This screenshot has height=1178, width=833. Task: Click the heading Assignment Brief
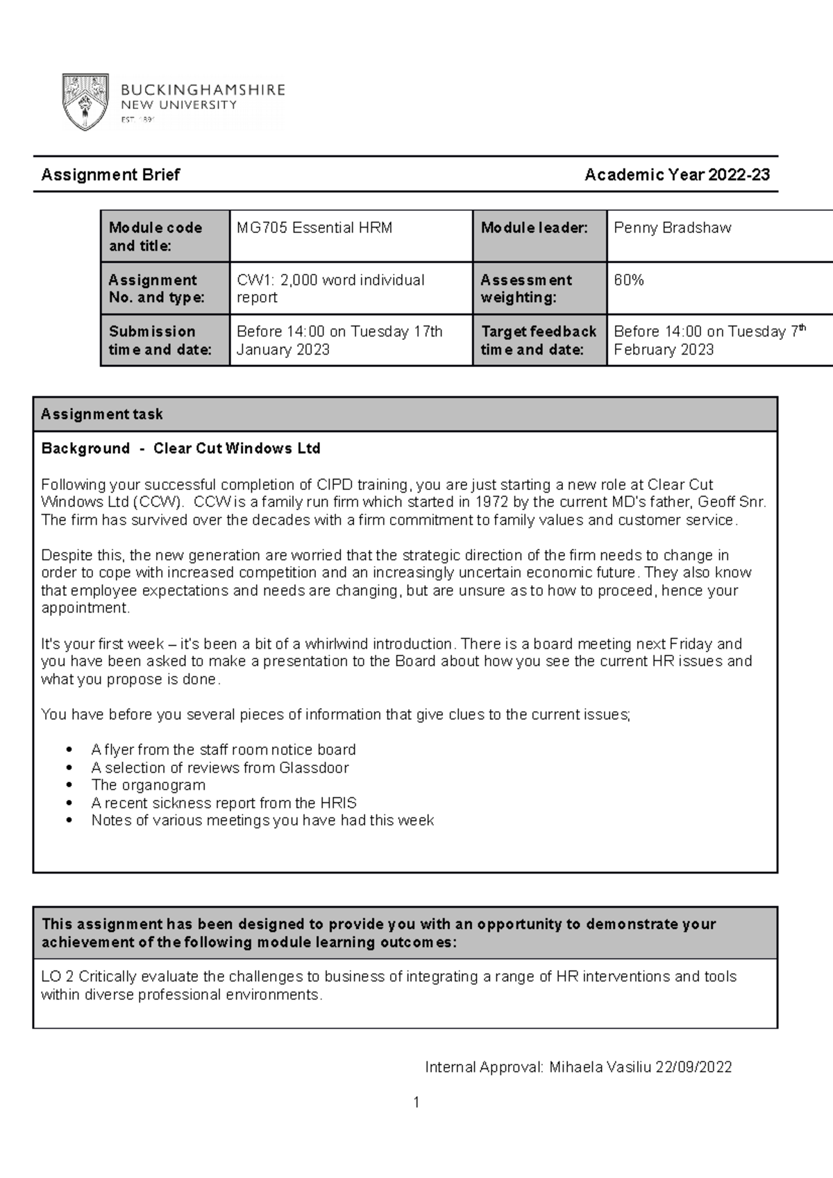(x=110, y=175)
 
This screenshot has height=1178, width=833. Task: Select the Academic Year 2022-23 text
(x=677, y=175)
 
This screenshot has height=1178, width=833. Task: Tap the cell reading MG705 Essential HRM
(x=314, y=228)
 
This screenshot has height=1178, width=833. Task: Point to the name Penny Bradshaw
(x=672, y=228)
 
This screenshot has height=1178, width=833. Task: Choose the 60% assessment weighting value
(x=629, y=280)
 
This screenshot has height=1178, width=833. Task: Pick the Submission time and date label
(x=160, y=341)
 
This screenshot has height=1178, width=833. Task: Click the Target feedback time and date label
(x=539, y=341)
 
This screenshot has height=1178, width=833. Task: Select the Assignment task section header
(x=101, y=415)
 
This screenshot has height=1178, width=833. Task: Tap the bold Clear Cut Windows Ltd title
(x=237, y=449)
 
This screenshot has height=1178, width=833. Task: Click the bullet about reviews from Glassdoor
(x=219, y=768)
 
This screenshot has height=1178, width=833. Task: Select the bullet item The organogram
(x=148, y=785)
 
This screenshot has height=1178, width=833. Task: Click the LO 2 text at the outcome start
(x=57, y=977)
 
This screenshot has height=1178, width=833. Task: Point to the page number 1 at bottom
(x=416, y=1102)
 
